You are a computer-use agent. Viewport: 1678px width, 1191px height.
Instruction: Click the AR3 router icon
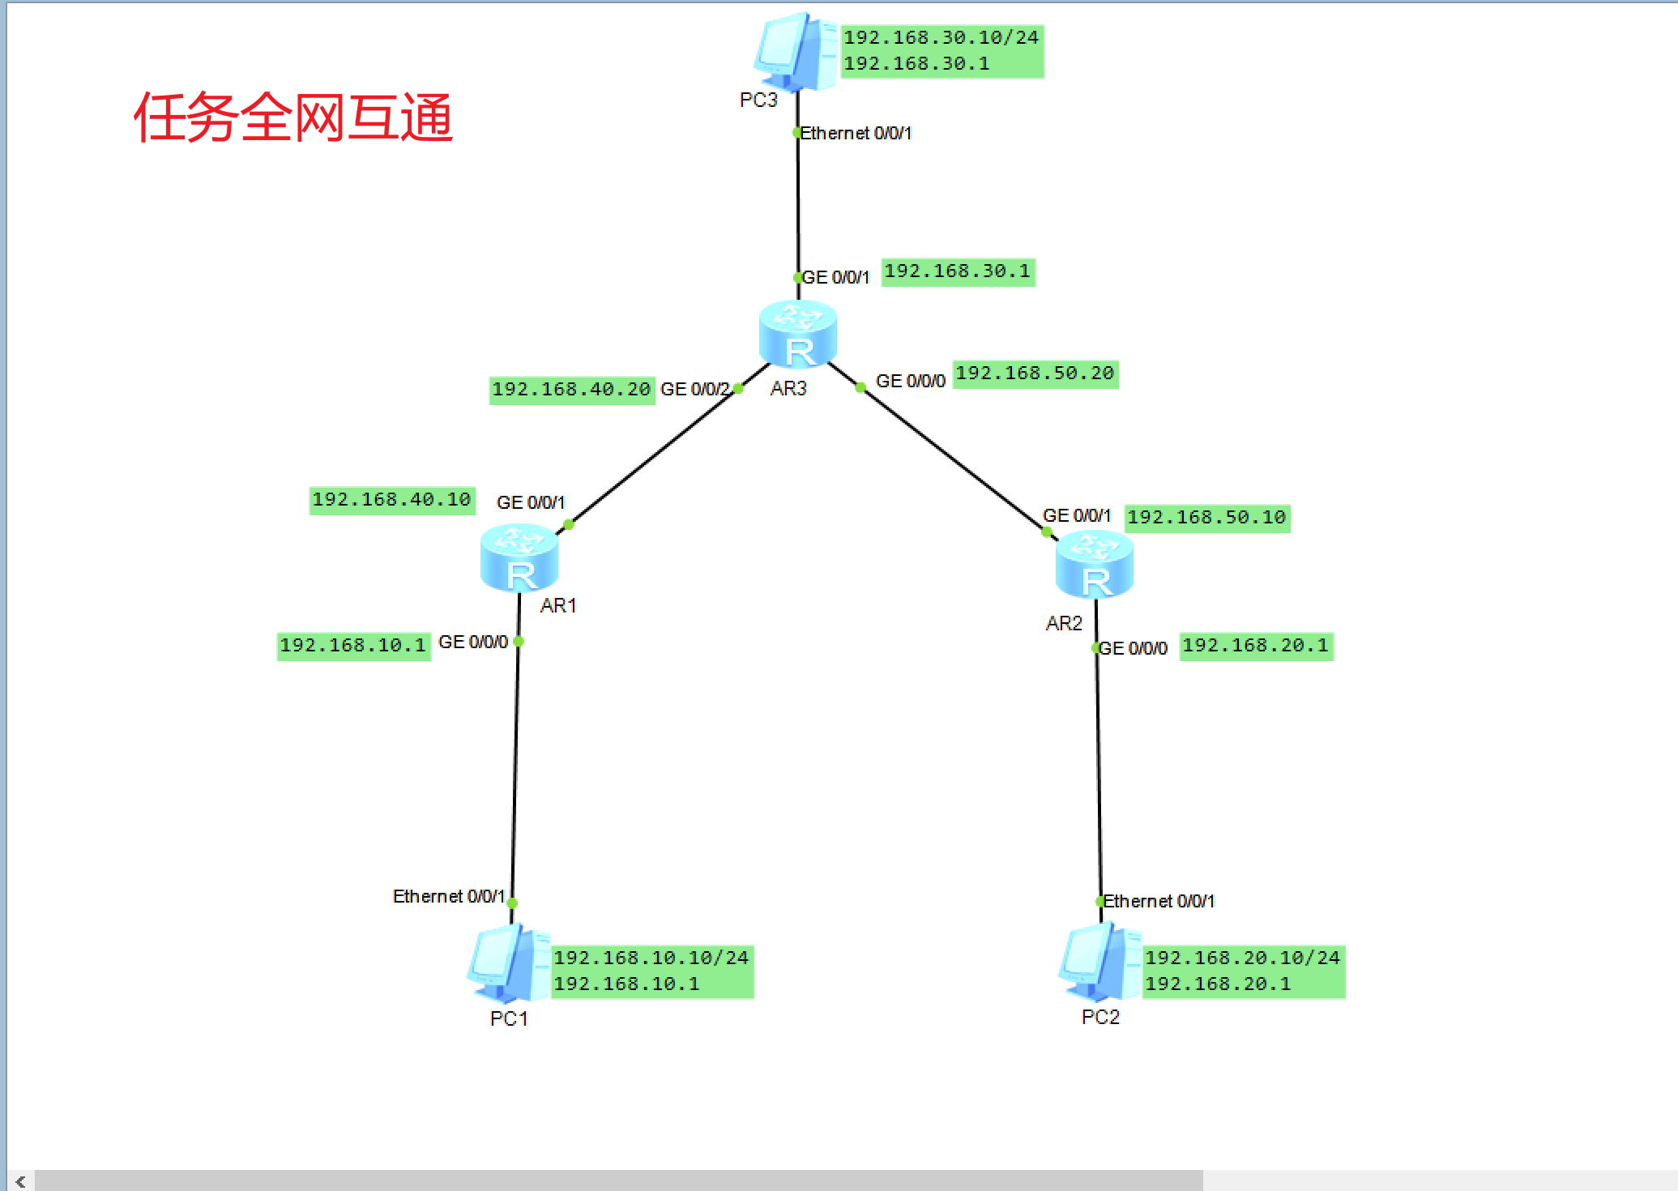[x=798, y=334]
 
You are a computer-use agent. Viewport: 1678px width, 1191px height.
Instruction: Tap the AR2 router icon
[x=1095, y=564]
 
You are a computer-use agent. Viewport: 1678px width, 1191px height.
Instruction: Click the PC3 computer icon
[x=795, y=51]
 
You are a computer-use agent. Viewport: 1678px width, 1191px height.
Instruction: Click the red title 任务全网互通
[x=292, y=117]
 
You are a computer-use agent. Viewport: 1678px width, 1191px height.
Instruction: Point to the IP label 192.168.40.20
[x=571, y=390]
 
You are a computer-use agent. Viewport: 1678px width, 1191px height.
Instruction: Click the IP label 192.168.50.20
[x=1035, y=374]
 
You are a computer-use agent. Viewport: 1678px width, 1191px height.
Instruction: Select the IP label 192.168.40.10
[x=391, y=500]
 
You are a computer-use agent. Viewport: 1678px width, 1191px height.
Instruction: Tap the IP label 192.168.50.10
[x=1206, y=518]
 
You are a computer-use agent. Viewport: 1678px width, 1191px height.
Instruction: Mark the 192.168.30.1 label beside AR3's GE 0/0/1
[x=957, y=271]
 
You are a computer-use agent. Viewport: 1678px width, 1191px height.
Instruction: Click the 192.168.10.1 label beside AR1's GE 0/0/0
[x=352, y=646]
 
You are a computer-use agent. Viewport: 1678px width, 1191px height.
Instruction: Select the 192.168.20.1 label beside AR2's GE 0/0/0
[x=1255, y=646]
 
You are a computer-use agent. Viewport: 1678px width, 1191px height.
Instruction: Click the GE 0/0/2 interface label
[x=694, y=390]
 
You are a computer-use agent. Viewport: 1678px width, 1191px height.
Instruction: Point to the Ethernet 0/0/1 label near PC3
[x=856, y=134]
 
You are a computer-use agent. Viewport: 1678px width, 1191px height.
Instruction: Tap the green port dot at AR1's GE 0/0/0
[x=519, y=642]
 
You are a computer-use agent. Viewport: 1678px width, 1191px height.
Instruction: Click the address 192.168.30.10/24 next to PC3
[x=941, y=37]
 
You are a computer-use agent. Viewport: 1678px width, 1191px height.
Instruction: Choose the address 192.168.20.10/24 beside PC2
[x=1242, y=958]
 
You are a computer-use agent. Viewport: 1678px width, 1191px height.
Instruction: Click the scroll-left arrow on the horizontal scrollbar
[x=20, y=1181]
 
